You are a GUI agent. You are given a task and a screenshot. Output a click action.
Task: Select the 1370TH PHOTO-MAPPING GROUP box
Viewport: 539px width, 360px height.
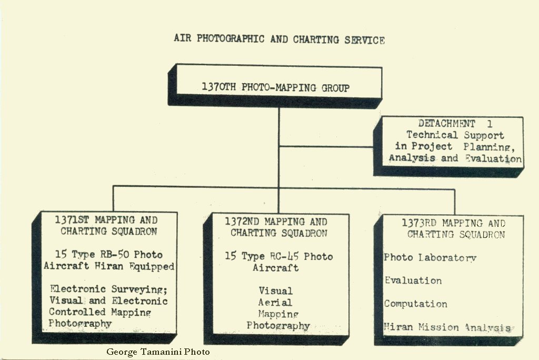point(275,87)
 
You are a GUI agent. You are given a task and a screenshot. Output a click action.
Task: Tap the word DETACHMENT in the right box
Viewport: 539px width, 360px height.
point(446,124)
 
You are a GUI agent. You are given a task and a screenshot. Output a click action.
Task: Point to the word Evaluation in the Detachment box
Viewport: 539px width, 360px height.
point(493,158)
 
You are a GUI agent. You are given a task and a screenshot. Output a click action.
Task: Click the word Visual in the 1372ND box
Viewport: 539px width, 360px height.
point(275,291)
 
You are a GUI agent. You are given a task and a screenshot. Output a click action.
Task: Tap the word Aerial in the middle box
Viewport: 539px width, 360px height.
point(275,302)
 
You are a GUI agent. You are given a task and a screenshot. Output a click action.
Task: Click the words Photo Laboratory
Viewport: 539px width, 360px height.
point(430,257)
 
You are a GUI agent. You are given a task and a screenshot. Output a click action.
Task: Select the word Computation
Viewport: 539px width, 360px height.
point(415,304)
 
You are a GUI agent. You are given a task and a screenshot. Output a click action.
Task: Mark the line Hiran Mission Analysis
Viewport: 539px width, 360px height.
point(447,327)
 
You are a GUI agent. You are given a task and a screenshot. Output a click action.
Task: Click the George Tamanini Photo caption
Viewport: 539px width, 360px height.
point(158,352)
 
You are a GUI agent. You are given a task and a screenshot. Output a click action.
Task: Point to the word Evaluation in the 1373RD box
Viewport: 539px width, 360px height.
point(413,281)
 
